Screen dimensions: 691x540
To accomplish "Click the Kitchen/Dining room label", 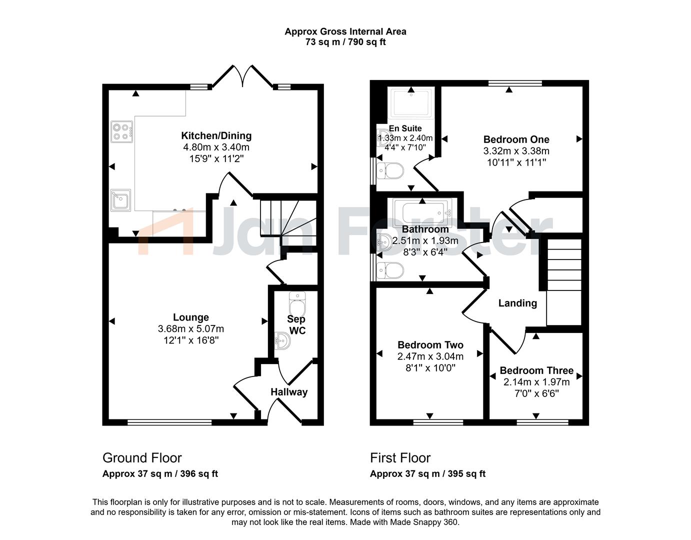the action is pyautogui.click(x=216, y=135).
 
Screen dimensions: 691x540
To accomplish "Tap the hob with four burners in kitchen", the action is pyautogui.click(x=122, y=131).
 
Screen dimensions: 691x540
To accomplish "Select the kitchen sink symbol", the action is pyautogui.click(x=120, y=200).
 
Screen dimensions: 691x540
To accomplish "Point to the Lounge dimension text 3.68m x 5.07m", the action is pyautogui.click(x=191, y=328).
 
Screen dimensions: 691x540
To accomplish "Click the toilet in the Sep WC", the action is pyautogui.click(x=297, y=303).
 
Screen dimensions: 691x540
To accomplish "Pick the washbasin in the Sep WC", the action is pyautogui.click(x=282, y=340).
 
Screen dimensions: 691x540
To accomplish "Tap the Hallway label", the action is pyautogui.click(x=289, y=392).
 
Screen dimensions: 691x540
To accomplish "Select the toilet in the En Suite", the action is pyautogui.click(x=390, y=171).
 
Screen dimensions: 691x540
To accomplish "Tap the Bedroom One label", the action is pyautogui.click(x=516, y=139).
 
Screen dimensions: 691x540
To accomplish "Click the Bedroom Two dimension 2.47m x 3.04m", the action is pyautogui.click(x=430, y=356).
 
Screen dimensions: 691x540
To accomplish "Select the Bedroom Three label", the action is pyautogui.click(x=536, y=370).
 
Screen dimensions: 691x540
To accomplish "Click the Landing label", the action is pyautogui.click(x=517, y=303).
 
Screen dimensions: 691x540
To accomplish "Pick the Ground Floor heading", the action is pyautogui.click(x=142, y=458).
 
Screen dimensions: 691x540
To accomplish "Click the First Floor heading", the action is pyautogui.click(x=400, y=458).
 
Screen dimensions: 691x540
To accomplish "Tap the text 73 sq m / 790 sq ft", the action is pyautogui.click(x=345, y=42).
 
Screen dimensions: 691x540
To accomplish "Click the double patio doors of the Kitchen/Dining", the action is pyautogui.click(x=242, y=75).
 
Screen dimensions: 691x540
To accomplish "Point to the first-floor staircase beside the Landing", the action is pyautogui.click(x=564, y=282).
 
